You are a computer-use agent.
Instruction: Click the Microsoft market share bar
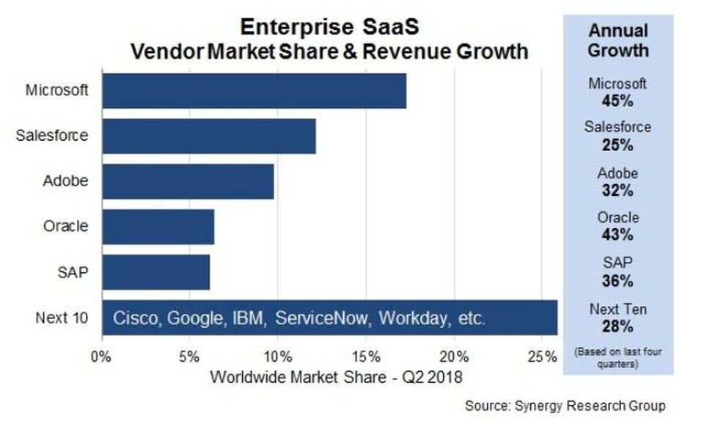[254, 91]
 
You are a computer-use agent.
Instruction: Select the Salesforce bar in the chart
[209, 136]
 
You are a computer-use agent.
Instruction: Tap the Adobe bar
[188, 181]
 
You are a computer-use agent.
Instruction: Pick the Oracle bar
[158, 227]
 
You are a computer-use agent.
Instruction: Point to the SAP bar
[155, 272]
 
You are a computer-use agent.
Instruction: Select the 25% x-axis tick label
[541, 357]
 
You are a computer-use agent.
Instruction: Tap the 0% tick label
[101, 357]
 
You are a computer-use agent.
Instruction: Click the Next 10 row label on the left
[62, 318]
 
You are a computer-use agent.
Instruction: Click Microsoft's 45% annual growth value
[617, 100]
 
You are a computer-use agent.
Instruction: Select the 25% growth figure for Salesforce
[617, 145]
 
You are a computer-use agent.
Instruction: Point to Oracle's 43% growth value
[617, 235]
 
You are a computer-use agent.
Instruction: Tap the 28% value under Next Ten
[617, 326]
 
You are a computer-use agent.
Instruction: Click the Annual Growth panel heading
[617, 41]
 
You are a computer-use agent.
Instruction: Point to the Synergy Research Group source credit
[565, 406]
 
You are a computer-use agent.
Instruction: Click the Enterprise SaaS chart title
[329, 28]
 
